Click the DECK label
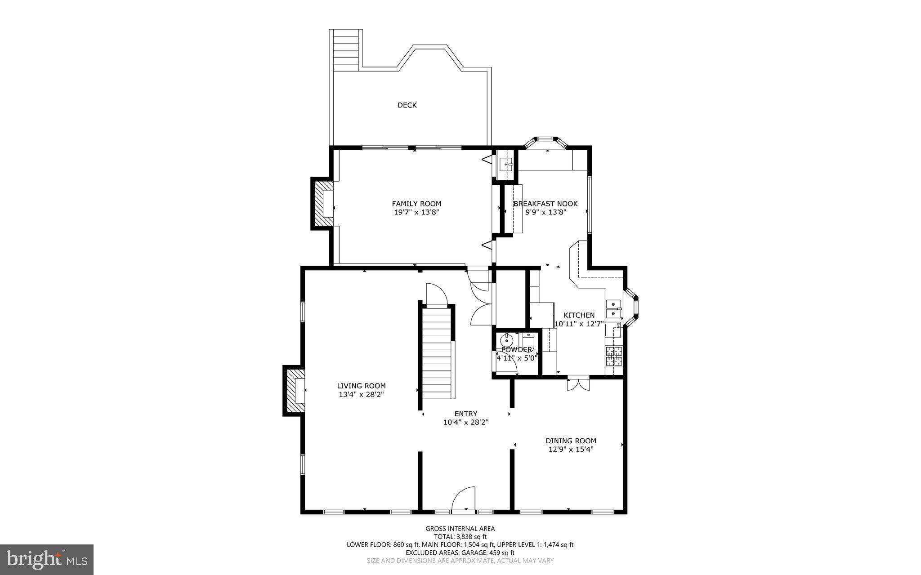pos(407,105)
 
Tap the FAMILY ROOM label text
pos(416,204)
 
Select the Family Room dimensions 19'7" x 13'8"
pos(416,212)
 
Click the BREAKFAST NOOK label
pos(545,204)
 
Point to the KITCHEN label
pos(579,315)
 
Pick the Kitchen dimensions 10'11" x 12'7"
pos(579,324)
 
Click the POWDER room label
pos(517,350)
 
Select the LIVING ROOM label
pos(361,386)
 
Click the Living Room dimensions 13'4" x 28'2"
pos(361,394)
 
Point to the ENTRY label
pos(466,414)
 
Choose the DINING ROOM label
pos(571,441)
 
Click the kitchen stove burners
pos(614,356)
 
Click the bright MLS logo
pos(46,559)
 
